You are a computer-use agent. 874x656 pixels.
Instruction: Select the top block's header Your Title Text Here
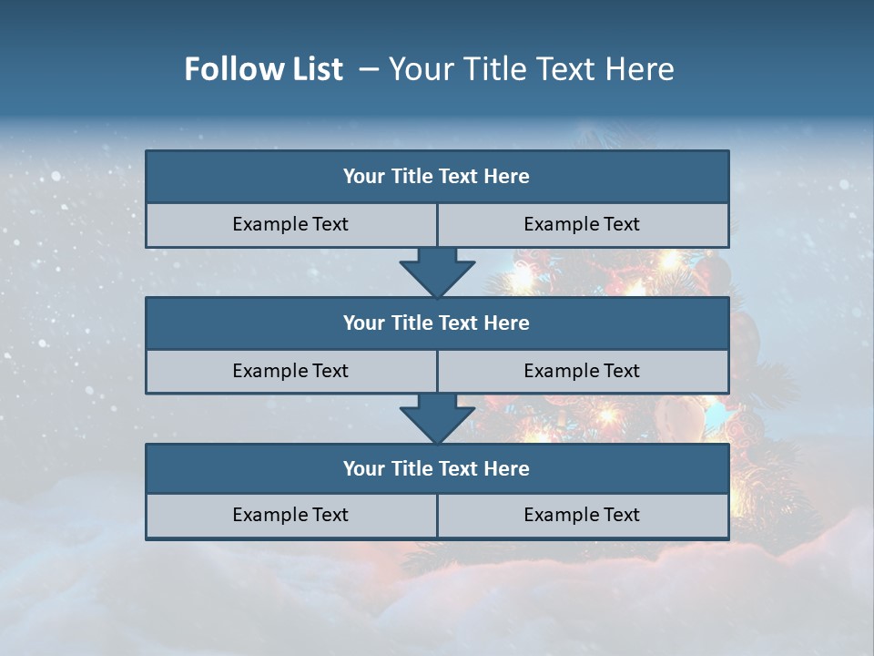tap(436, 177)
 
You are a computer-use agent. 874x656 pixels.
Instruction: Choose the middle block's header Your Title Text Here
tap(436, 323)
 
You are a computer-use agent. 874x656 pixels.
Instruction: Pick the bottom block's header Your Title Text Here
tap(436, 468)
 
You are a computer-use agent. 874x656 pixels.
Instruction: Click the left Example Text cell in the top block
tap(290, 224)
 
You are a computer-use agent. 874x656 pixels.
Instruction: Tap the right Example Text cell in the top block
tap(582, 224)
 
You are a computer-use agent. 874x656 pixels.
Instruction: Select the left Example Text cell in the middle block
tap(290, 371)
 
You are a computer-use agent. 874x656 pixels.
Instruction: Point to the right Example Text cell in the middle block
tap(582, 371)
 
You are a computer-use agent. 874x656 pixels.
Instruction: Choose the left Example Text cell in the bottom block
tap(290, 515)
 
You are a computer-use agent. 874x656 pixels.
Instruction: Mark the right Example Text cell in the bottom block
tap(582, 515)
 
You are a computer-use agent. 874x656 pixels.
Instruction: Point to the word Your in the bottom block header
tap(364, 468)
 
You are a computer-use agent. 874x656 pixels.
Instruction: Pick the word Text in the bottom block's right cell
tap(620, 515)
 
